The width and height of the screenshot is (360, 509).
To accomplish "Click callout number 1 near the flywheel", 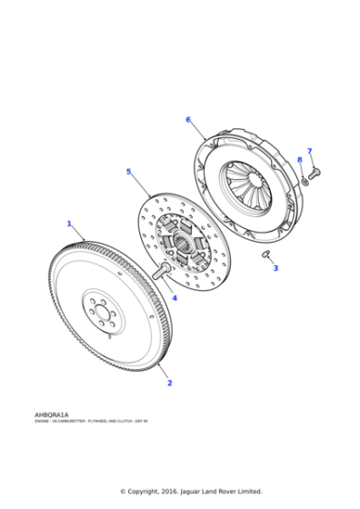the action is click(69, 223).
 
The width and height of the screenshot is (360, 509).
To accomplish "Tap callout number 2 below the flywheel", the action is click(169, 383).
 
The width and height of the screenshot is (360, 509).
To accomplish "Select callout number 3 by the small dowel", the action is click(276, 268).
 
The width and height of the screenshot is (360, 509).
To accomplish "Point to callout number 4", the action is click(175, 297).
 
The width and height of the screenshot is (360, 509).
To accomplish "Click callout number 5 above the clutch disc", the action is click(129, 171).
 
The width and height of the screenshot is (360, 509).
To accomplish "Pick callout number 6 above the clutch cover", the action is click(188, 119).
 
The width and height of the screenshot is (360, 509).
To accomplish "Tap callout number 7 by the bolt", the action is click(309, 151).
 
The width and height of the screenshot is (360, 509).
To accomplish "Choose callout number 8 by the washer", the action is click(299, 160).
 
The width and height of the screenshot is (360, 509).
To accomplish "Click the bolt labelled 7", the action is click(315, 171).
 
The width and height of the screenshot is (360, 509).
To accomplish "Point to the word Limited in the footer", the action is click(247, 492).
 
